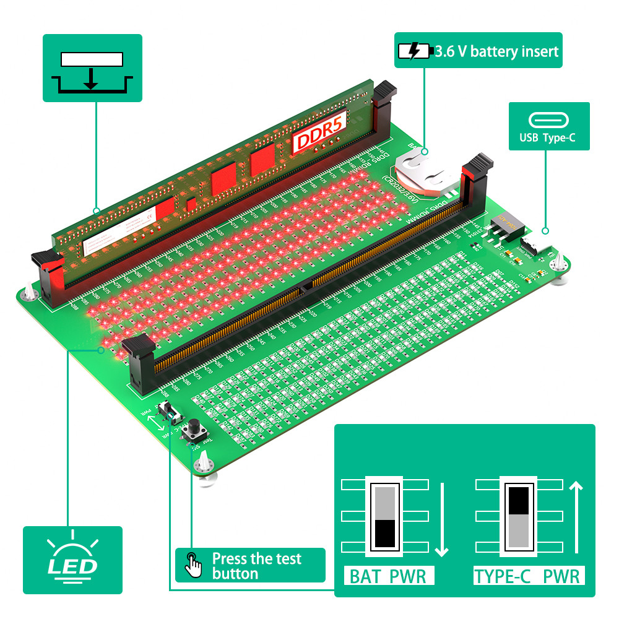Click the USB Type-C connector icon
pos(549,120)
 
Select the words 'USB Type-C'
pos(549,138)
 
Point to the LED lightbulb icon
pos(72,556)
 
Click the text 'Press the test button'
pos(256,566)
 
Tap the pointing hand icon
pos(194,565)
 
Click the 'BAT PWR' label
pos(388,577)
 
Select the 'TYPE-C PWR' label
pos(527,577)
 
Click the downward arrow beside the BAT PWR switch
pos(441,519)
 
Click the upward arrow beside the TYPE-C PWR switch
pos(576,518)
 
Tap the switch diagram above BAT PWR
pos(384,516)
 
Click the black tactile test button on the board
pos(194,428)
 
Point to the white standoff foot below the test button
pos(204,465)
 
